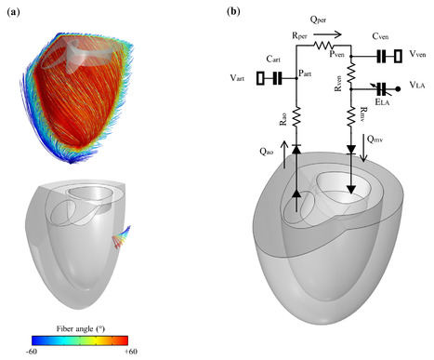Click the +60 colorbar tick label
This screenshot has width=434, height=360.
click(144, 353)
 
